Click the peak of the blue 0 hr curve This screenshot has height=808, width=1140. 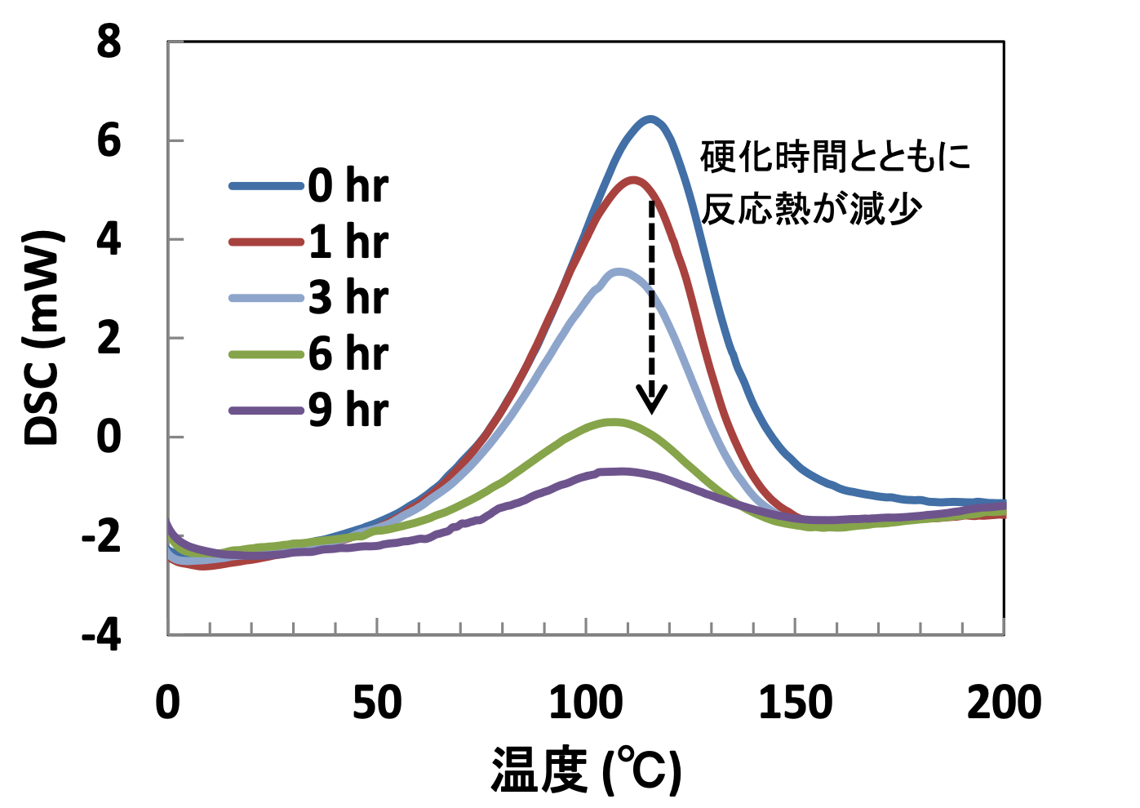coord(650,120)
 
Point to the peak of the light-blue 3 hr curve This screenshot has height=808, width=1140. coord(620,272)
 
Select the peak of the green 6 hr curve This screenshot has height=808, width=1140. coord(613,422)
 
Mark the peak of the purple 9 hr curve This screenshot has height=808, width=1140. coord(620,472)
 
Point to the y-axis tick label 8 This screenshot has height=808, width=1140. coord(109,42)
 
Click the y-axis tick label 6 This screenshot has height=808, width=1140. coord(109,142)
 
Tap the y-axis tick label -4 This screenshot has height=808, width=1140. coord(101,634)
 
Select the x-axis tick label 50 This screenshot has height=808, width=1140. coord(376,704)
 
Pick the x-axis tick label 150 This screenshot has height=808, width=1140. coord(795,704)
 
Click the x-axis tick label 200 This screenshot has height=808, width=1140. coord(1004,704)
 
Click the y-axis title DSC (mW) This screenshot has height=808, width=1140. coord(42,337)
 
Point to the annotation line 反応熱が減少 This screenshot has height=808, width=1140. coord(812,210)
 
